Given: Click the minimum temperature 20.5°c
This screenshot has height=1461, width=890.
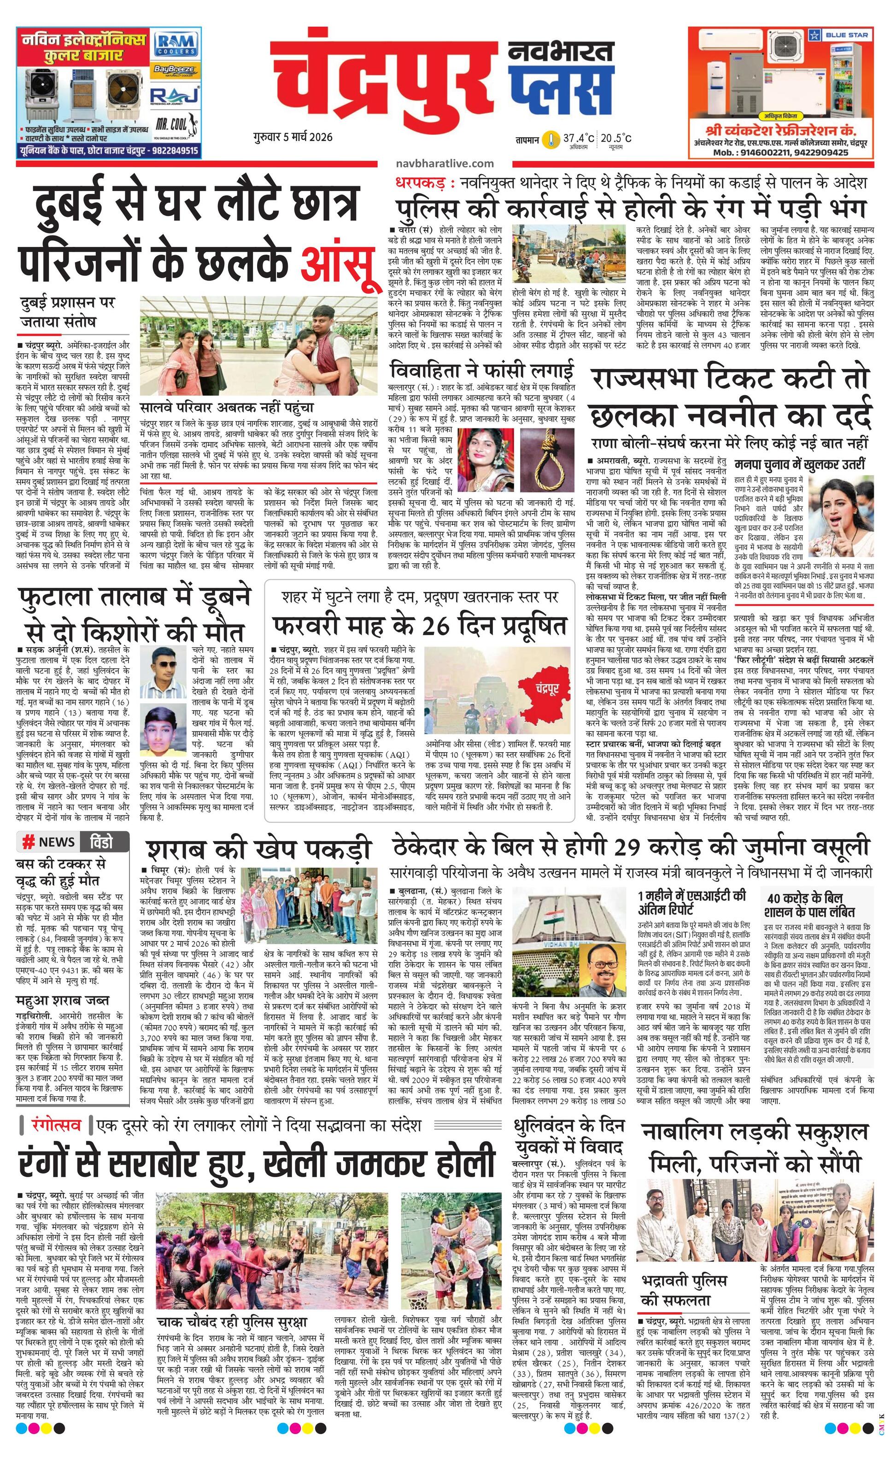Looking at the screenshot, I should coord(615,138).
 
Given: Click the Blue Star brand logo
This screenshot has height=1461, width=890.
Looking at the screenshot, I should coord(842,35).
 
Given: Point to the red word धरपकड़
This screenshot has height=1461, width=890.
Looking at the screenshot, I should coord(418,182).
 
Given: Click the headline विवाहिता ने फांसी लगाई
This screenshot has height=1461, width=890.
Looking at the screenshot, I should coord(482,371).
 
